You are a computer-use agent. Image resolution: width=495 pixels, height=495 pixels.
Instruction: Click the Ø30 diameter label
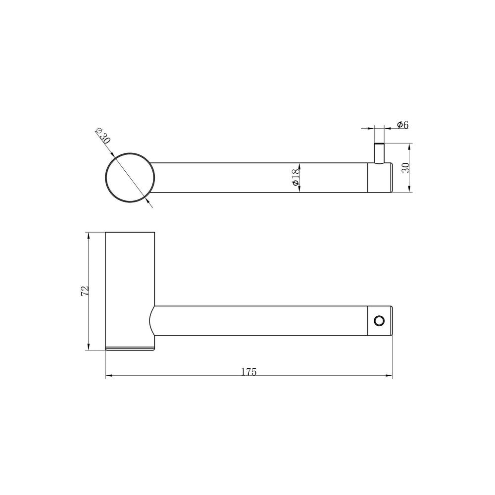click(x=103, y=136)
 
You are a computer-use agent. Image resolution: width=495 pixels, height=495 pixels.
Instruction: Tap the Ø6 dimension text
click(x=402, y=125)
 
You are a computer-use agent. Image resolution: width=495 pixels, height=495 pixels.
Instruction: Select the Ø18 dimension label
click(x=295, y=177)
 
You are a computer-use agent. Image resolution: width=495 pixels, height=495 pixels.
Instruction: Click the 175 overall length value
click(x=249, y=372)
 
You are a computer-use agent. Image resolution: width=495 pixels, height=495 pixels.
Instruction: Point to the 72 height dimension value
click(x=85, y=291)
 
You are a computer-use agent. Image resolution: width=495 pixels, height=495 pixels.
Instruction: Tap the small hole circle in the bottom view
click(x=379, y=321)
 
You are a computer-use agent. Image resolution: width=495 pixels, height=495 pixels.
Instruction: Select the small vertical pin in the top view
click(x=379, y=153)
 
